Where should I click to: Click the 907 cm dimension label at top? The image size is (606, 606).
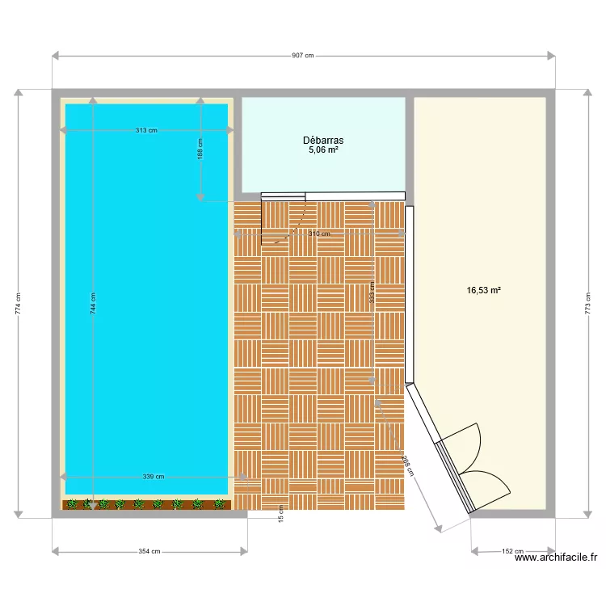click(x=303, y=56)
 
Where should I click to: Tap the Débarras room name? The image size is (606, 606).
click(x=323, y=140)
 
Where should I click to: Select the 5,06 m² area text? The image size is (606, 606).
click(x=323, y=149)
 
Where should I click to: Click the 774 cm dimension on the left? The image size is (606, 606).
click(x=18, y=303)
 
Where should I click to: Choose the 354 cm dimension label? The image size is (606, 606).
click(x=149, y=552)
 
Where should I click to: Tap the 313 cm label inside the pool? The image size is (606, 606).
click(x=146, y=130)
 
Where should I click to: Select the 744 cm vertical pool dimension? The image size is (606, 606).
click(x=93, y=302)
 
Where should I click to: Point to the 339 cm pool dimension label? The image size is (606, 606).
click(x=153, y=477)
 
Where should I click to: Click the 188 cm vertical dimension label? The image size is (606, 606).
click(x=200, y=149)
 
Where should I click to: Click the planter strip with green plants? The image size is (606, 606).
click(x=146, y=504)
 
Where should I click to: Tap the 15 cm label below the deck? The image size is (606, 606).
click(x=281, y=513)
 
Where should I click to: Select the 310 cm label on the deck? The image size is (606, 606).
click(x=319, y=234)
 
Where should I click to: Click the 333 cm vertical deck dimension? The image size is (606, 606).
click(x=372, y=291)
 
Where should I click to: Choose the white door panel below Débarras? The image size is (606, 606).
click(x=355, y=195)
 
